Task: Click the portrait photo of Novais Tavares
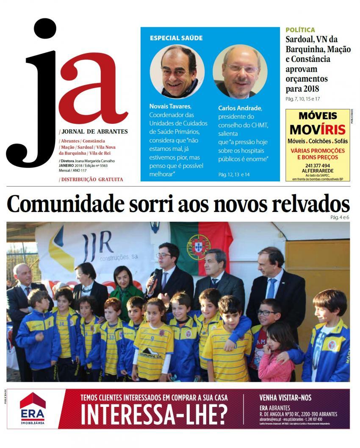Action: coord(177,71)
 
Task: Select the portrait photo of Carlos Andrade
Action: coord(240,71)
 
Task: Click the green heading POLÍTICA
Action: coord(300,30)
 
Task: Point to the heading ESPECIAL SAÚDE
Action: coord(176,38)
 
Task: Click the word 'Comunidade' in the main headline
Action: coord(66,205)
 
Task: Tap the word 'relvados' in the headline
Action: coord(307,205)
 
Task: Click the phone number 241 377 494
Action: coord(317,166)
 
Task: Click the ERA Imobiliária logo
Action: coord(33,409)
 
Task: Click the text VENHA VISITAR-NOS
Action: coord(285,398)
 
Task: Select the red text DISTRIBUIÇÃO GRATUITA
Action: coord(91,179)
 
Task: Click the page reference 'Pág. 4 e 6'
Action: coord(340,217)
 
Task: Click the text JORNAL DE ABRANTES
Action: coord(94,131)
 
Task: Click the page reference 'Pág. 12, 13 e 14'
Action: coord(234,174)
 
